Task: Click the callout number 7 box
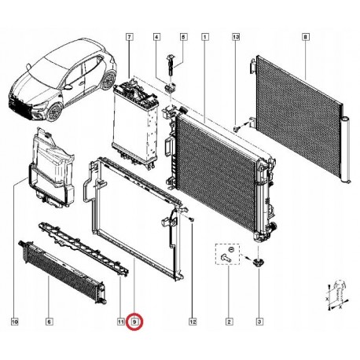click(129, 37)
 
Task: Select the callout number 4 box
click(156, 37)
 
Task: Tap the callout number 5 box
click(183, 37)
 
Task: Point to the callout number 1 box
click(205, 37)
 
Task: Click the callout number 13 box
click(236, 37)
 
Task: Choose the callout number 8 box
click(306, 37)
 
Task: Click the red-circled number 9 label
click(134, 321)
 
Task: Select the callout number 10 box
click(15, 321)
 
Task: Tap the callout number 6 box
click(49, 321)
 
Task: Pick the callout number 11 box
click(120, 321)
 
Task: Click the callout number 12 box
click(193, 321)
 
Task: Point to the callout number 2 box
click(229, 321)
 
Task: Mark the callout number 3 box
click(259, 321)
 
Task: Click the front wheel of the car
click(55, 112)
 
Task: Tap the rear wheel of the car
click(108, 79)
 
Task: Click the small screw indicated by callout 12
click(192, 220)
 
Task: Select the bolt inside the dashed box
click(226, 258)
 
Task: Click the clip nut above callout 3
click(259, 261)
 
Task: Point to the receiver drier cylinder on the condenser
click(347, 150)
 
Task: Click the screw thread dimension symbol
click(337, 295)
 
